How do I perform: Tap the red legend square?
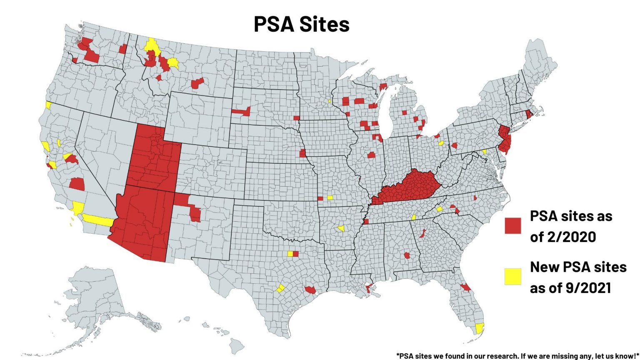click(x=513, y=225)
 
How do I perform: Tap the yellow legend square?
click(x=513, y=276)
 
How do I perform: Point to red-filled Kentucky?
click(x=412, y=187)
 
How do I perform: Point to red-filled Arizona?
click(x=144, y=221)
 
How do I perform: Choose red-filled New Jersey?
click(x=505, y=140)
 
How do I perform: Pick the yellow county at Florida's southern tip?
click(x=480, y=328)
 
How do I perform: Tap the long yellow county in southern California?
click(x=98, y=220)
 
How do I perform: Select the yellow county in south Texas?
click(x=280, y=288)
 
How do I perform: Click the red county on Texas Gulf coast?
click(x=310, y=290)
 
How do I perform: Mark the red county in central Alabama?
click(x=407, y=255)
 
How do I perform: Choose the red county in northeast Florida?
click(x=465, y=287)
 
